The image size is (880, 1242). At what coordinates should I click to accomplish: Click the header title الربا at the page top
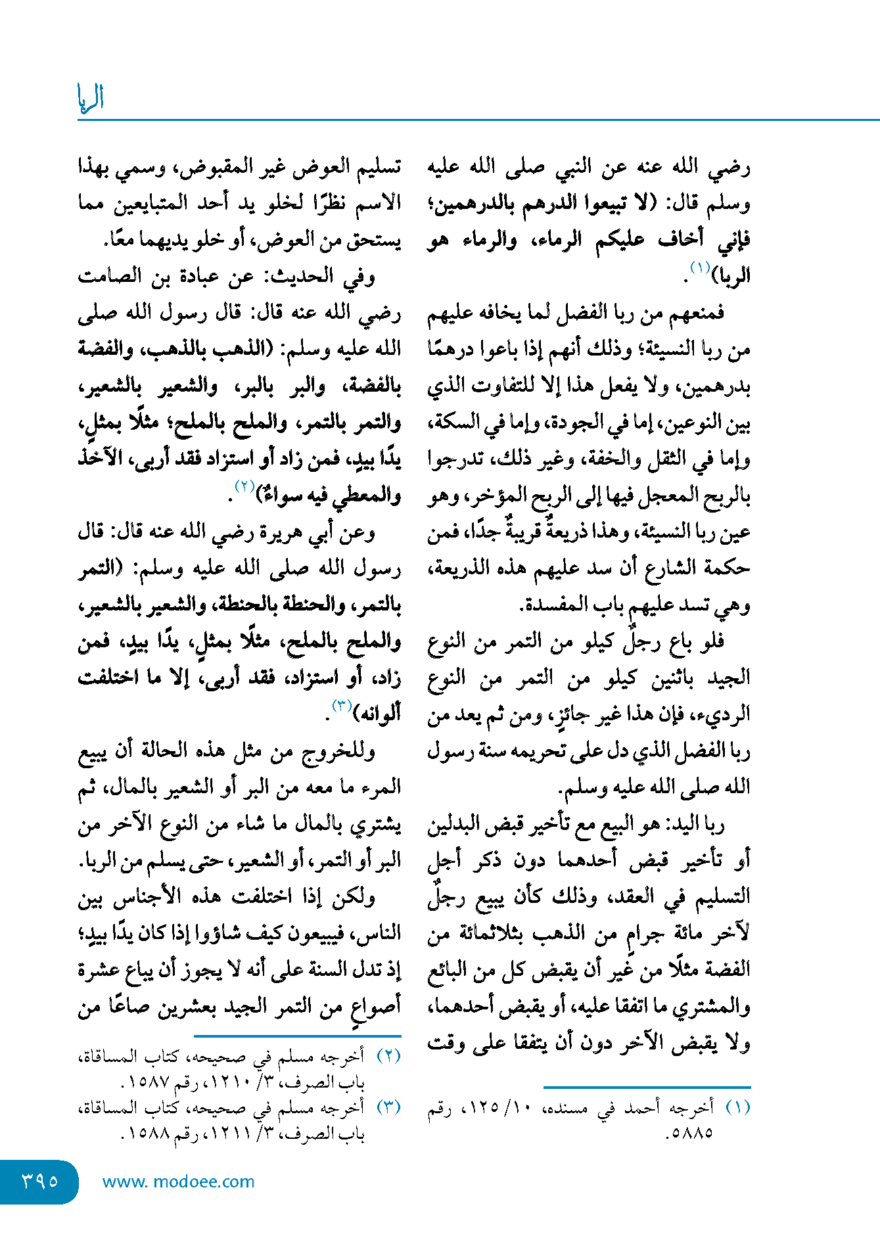91,99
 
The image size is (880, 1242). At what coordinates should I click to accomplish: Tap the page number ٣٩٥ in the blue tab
40,1181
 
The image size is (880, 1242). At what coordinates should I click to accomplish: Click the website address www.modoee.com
178,1182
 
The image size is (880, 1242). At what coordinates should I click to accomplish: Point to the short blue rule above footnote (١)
647,1087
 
